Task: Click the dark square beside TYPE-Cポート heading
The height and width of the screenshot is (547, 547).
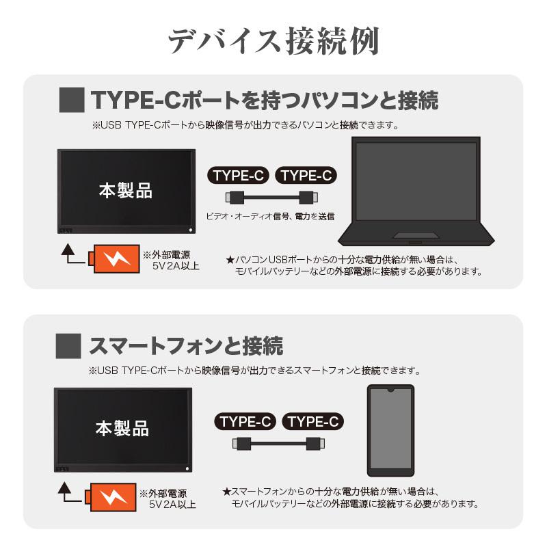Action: [72, 100]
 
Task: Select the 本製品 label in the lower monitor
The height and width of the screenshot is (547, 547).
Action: [122, 429]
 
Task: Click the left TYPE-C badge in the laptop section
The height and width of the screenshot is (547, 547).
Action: [239, 176]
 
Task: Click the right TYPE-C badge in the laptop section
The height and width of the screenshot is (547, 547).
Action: [306, 176]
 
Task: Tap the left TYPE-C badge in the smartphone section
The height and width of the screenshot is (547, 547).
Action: [247, 421]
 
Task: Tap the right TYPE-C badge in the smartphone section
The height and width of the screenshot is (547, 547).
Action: [312, 421]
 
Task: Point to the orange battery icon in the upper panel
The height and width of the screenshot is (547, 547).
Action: [114, 259]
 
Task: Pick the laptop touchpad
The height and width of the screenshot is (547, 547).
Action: [416, 236]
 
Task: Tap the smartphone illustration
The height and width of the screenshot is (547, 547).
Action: [390, 430]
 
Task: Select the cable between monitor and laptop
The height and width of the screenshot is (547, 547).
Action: [272, 198]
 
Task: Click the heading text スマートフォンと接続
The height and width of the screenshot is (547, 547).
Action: [186, 345]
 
